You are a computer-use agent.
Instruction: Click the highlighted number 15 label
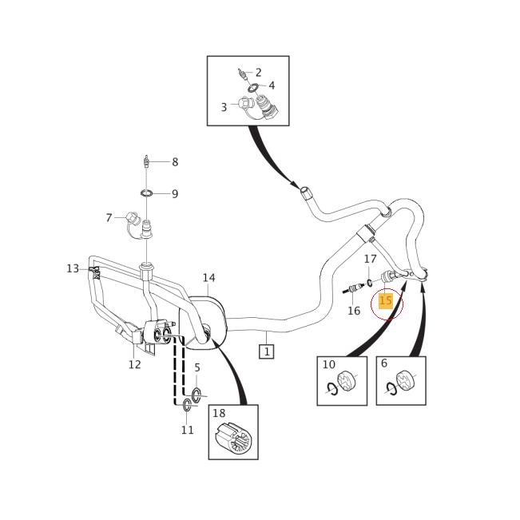(x=386, y=301)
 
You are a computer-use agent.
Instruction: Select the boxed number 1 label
(x=266, y=351)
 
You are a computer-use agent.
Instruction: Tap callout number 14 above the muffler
(x=208, y=278)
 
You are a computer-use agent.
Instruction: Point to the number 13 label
(x=73, y=268)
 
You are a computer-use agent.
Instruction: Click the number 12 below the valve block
(x=134, y=364)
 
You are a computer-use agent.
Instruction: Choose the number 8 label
(x=175, y=162)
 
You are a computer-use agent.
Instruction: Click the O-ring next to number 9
(x=148, y=193)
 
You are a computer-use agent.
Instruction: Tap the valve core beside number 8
(x=146, y=162)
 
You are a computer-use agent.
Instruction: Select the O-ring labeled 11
(x=186, y=407)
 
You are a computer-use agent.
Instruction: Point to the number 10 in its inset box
(x=328, y=364)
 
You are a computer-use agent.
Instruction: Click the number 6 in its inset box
(x=384, y=363)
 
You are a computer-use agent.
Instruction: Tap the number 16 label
(x=354, y=311)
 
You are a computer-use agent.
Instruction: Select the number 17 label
(x=370, y=259)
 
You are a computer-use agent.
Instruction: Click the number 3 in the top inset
(x=224, y=107)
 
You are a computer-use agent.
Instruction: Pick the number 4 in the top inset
(x=272, y=85)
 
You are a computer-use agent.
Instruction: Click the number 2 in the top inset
(x=258, y=73)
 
